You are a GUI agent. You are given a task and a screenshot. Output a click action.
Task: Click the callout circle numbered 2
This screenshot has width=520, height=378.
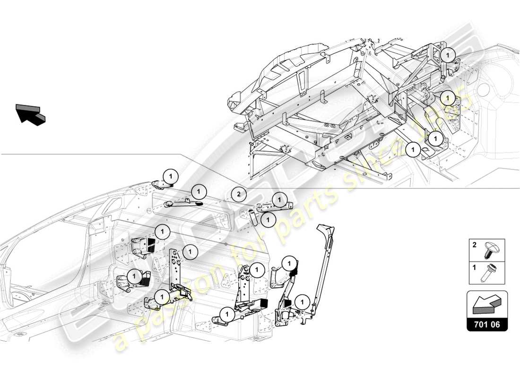(239, 194)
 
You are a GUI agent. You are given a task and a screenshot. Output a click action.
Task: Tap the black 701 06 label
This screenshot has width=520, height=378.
(487, 325)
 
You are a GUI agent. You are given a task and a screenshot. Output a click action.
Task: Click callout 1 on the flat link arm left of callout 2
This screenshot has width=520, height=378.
(199, 191)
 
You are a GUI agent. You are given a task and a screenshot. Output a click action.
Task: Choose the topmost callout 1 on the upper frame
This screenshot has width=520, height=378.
(447, 55)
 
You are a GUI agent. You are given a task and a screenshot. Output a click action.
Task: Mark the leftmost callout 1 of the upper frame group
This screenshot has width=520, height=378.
(413, 149)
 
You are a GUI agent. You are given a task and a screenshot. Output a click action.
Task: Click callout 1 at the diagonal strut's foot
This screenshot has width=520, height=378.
(300, 301)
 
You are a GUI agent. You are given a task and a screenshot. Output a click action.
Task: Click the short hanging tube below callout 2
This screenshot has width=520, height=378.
(253, 218)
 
